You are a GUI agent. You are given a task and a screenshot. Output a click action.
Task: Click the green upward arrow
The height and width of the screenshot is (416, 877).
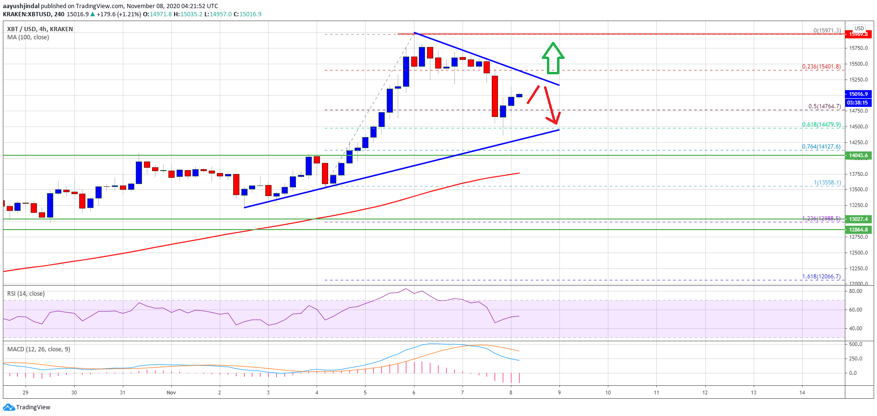tap(553, 58)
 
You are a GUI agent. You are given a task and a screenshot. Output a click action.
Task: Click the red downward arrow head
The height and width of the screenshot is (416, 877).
tap(556, 119)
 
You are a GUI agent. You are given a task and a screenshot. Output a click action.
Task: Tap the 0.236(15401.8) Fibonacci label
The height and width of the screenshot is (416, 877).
tap(821, 67)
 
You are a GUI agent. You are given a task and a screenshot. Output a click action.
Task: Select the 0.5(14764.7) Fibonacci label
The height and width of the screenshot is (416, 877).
tap(824, 106)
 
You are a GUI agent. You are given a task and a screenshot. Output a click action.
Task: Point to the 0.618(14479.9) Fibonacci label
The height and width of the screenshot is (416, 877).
tap(821, 125)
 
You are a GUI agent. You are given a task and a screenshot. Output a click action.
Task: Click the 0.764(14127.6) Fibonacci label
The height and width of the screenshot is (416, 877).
tap(821, 147)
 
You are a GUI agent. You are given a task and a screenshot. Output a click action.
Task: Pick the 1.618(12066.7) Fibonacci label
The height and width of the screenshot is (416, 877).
tap(821, 277)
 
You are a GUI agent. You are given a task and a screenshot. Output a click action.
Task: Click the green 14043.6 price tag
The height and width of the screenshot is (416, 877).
tap(858, 155)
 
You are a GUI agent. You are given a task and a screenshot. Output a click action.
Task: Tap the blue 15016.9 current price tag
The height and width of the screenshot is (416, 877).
tap(858, 94)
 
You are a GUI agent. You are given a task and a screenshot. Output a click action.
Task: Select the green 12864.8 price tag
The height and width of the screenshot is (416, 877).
tap(858, 230)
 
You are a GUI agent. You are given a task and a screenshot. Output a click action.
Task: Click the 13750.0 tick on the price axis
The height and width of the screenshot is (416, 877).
tap(858, 174)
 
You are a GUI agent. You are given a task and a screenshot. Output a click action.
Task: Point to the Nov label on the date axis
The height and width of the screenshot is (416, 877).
tap(171, 393)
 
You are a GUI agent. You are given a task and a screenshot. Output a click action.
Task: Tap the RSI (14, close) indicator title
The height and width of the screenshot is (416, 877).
tap(26, 294)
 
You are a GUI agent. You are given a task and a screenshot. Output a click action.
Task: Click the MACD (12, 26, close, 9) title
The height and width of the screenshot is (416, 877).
tap(38, 349)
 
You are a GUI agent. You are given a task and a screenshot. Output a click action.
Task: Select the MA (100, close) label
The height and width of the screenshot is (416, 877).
tap(28, 37)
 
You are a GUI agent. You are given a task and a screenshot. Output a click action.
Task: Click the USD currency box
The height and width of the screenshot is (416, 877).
tap(859, 28)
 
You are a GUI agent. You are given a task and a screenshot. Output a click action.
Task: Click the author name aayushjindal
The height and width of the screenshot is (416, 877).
tap(21, 6)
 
